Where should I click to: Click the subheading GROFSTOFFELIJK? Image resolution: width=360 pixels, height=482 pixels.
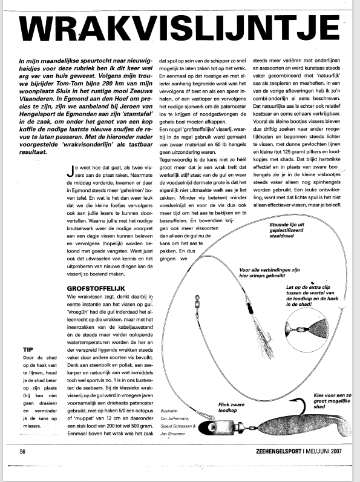(96, 289)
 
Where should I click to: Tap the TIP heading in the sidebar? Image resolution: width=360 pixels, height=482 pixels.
(28, 349)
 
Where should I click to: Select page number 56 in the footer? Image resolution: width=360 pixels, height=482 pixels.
(22, 452)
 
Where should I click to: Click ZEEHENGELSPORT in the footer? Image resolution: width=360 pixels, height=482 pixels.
(278, 451)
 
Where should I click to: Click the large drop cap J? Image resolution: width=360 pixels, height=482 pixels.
(70, 171)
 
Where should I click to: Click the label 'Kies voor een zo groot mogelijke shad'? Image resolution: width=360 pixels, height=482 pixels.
(332, 401)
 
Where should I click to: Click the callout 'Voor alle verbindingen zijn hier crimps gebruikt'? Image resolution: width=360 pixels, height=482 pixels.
(269, 272)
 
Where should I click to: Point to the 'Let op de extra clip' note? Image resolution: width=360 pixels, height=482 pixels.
(312, 295)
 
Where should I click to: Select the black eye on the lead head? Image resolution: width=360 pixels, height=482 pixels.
(211, 428)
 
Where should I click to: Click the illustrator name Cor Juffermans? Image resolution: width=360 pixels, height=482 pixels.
(175, 418)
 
